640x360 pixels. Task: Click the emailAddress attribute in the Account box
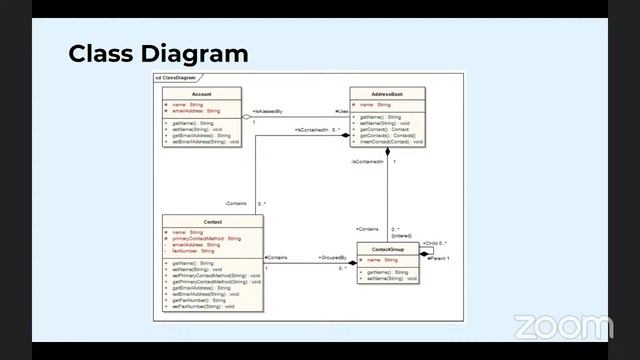click(x=196, y=110)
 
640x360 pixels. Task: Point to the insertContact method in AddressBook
click(x=391, y=141)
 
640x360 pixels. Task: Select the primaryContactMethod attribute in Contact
click(x=206, y=239)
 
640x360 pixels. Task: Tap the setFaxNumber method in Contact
click(x=203, y=306)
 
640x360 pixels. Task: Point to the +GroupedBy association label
click(x=333, y=258)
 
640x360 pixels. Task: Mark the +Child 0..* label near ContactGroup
click(x=435, y=243)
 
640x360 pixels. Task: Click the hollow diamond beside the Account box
click(x=247, y=117)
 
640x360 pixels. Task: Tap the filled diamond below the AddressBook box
click(x=388, y=152)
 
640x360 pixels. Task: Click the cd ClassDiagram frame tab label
click(x=177, y=77)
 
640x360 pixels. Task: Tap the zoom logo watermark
click(x=562, y=327)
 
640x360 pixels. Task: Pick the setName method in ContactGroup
click(x=388, y=278)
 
